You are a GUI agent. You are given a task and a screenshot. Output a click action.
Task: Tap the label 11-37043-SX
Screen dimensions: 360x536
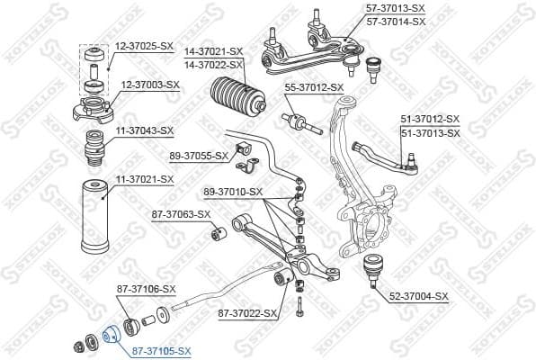click(143, 130)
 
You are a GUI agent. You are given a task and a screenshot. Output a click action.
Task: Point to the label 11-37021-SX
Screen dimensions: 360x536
click(144, 180)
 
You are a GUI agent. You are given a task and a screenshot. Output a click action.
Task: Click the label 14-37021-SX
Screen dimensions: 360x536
click(213, 51)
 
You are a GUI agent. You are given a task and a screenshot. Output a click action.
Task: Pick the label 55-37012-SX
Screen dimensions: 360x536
click(315, 87)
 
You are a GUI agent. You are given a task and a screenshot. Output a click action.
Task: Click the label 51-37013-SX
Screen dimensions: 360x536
click(430, 133)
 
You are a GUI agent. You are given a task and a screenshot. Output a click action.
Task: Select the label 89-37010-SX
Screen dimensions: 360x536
click(233, 192)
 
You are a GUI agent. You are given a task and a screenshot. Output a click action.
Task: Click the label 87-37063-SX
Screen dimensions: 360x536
click(181, 214)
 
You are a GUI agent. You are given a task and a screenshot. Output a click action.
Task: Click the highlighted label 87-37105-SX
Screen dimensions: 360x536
click(162, 350)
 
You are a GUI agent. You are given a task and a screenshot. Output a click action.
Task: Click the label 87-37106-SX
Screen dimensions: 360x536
click(147, 289)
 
